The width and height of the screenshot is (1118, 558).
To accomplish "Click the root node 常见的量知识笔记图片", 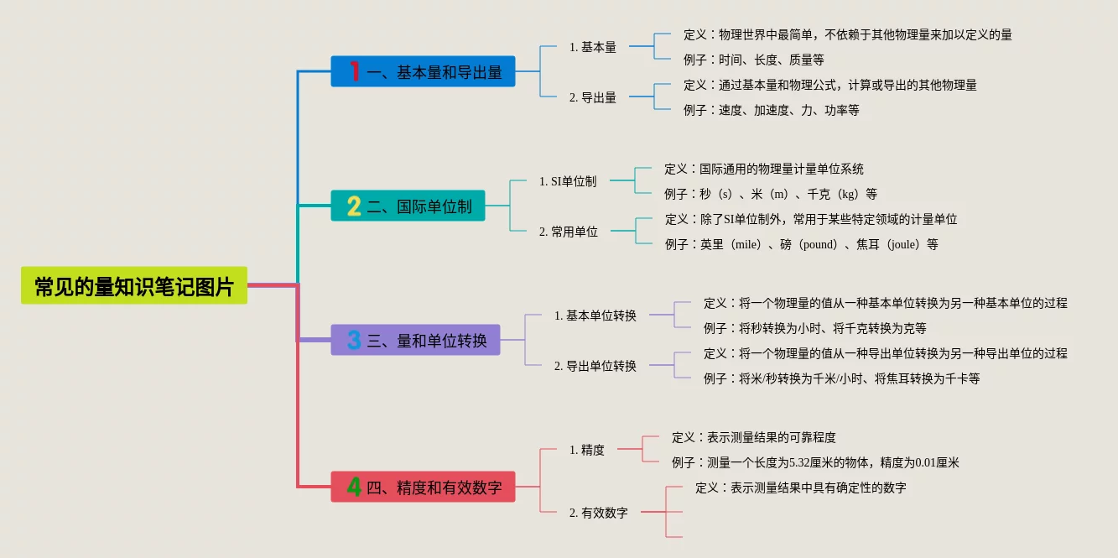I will tap(134, 286).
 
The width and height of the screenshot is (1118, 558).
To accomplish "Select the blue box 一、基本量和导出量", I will tap(423, 72).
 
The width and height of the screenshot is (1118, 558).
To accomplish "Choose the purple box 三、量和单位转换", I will tap(415, 341).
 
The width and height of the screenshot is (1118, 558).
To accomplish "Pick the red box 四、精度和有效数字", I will tap(423, 488).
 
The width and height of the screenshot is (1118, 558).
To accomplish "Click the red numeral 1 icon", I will tap(355, 72).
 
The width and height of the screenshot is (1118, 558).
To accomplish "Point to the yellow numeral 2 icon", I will tap(354, 206).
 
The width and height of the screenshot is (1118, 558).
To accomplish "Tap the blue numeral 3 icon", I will tap(354, 341).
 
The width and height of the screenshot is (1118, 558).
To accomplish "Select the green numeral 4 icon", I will tap(354, 488).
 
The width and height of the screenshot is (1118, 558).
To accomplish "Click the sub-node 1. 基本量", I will tap(593, 48).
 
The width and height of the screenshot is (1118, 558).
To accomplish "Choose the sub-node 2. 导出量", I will tap(593, 98).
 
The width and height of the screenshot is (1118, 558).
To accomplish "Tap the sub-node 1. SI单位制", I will tap(568, 181).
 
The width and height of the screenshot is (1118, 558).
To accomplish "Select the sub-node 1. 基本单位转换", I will tap(595, 316).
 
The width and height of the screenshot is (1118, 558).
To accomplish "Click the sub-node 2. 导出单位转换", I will tap(595, 367).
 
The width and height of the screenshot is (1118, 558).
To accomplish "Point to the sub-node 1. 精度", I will tap(587, 451).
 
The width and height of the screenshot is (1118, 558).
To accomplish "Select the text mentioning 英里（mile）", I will tap(801, 245).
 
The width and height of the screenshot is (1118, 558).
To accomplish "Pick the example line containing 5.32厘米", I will tap(815, 463).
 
